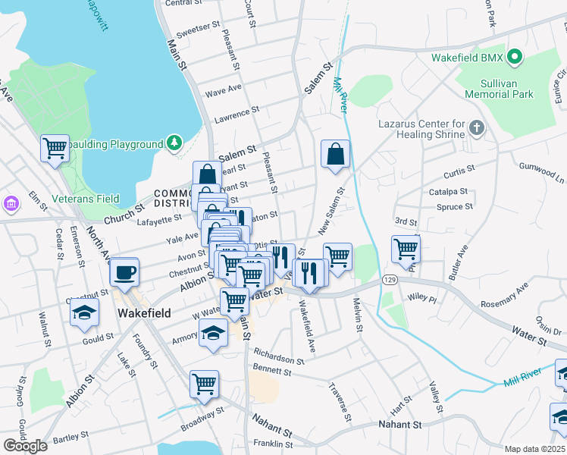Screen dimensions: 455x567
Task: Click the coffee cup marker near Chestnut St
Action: (124, 272)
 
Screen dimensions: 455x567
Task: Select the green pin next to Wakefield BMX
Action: (515, 57)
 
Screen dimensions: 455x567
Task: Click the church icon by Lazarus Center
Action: (476, 127)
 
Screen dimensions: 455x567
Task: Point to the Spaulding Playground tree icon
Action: (174, 143)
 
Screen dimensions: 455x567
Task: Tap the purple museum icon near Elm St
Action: (10, 204)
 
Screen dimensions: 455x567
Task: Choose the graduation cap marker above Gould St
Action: (84, 312)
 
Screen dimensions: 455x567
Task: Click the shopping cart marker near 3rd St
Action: (406, 248)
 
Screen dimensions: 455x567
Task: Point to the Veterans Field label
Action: (86, 199)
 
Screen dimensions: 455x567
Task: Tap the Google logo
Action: (24, 445)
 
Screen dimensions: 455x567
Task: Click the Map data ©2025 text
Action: (534, 449)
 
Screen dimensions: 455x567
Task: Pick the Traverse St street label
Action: (339, 403)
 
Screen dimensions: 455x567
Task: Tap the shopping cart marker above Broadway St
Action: (204, 384)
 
